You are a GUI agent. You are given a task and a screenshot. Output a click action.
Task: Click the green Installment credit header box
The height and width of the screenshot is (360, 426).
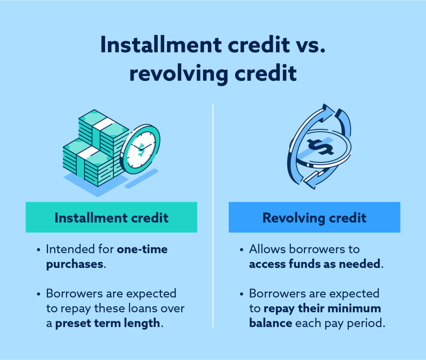[112, 217]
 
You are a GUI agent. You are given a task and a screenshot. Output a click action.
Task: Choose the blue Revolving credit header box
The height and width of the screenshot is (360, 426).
[314, 217]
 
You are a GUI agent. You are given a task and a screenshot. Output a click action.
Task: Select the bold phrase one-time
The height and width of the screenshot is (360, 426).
[142, 249]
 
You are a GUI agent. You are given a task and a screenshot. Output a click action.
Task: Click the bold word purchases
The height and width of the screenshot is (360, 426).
[75, 264]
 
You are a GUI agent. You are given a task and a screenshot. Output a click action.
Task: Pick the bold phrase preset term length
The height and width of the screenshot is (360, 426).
[107, 323]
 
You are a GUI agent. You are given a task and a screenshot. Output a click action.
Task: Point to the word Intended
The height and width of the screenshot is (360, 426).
[69, 249]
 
